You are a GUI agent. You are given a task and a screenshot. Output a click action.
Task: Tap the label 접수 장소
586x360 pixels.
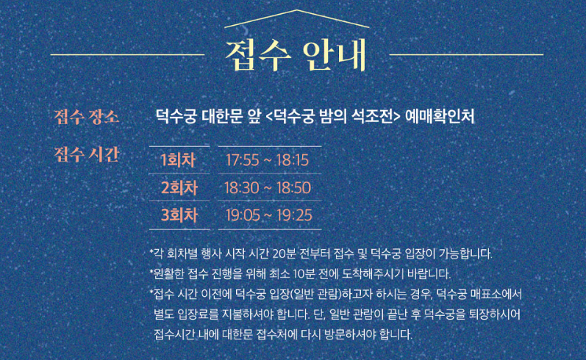click(x=87, y=116)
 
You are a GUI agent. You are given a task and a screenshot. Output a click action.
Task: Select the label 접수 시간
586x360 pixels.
click(x=87, y=155)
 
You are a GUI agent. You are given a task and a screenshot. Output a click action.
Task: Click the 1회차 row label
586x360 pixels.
click(x=179, y=160)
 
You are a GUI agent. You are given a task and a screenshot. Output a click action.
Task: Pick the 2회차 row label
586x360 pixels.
click(x=179, y=187)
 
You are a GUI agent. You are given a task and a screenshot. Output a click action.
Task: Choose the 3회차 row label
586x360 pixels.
click(x=179, y=215)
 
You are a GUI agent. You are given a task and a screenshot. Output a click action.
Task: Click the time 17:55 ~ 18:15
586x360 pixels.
click(x=267, y=160)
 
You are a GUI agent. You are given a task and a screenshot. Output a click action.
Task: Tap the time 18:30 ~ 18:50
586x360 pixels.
click(x=268, y=187)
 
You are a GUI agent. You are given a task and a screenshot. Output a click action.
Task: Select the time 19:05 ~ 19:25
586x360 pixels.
click(x=269, y=215)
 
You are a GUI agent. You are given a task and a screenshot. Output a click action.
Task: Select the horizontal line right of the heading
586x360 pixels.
click(x=466, y=54)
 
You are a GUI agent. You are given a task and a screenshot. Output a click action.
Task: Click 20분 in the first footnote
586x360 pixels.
click(x=294, y=254)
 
